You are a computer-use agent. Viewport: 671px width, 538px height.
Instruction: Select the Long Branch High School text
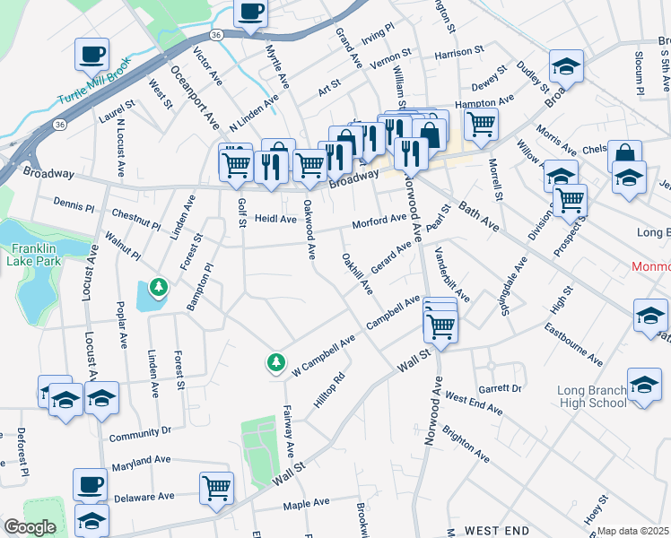pos(591,396)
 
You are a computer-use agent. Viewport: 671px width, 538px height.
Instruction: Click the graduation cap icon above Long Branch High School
pos(644,385)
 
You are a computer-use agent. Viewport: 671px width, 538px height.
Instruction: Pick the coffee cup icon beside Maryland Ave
pos(90,485)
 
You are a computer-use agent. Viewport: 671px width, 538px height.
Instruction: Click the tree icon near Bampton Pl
pos(159,287)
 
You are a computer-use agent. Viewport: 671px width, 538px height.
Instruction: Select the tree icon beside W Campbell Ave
pos(275,362)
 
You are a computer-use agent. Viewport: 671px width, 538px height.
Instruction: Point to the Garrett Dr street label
pos(500,389)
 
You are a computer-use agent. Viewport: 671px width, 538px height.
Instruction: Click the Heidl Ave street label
pos(274,219)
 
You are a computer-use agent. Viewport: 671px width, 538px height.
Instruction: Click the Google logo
pos(30,527)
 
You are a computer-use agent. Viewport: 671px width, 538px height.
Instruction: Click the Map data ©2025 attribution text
pos(632,531)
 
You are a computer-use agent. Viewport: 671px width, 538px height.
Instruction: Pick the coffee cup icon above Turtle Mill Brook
pos(91,55)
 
